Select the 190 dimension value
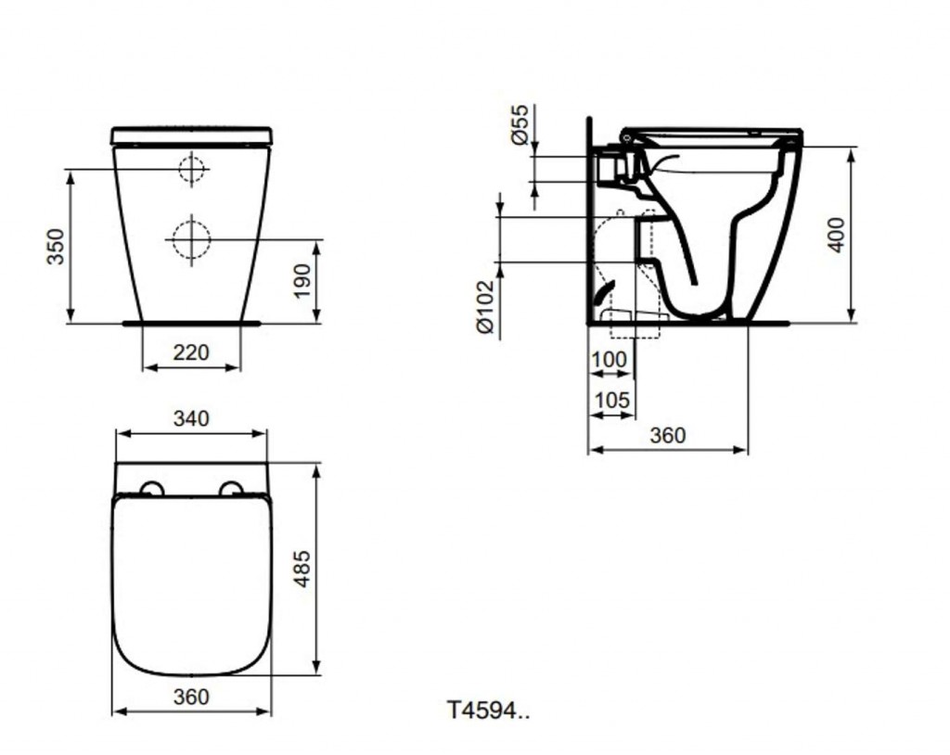pyautogui.click(x=302, y=280)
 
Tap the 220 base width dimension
pyautogui.click(x=191, y=352)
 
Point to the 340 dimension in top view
pyautogui.click(x=191, y=418)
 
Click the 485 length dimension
pyautogui.click(x=302, y=569)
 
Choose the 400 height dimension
pyautogui.click(x=837, y=236)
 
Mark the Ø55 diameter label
pyautogui.click(x=521, y=124)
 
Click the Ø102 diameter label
pyautogui.click(x=483, y=306)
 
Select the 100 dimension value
pyautogui.click(x=609, y=359)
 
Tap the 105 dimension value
pyautogui.click(x=610, y=401)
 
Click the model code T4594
pyautogui.click(x=488, y=710)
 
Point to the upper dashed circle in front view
pyautogui.click(x=192, y=169)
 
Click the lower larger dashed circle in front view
pyautogui.click(x=191, y=239)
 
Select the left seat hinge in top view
pyautogui.click(x=150, y=489)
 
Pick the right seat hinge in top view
pyautogui.click(x=231, y=489)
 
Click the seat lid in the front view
pyautogui.click(x=191, y=135)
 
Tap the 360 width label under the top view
pyautogui.click(x=191, y=697)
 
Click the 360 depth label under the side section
pyautogui.click(x=667, y=435)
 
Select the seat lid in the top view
pyautogui.click(x=191, y=584)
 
